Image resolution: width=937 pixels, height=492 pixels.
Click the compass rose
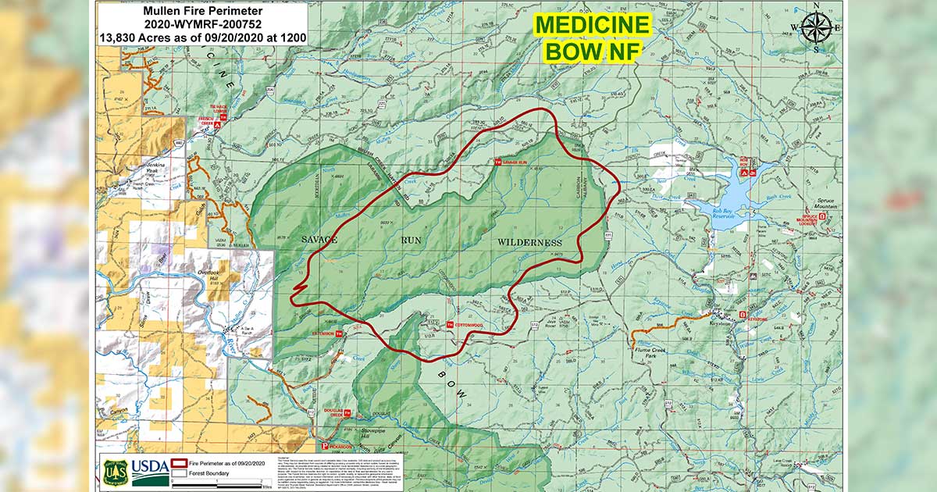814,30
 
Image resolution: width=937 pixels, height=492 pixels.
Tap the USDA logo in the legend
148,469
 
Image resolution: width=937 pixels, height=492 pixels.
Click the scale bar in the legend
223,485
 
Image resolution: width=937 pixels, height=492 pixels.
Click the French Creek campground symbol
219,123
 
